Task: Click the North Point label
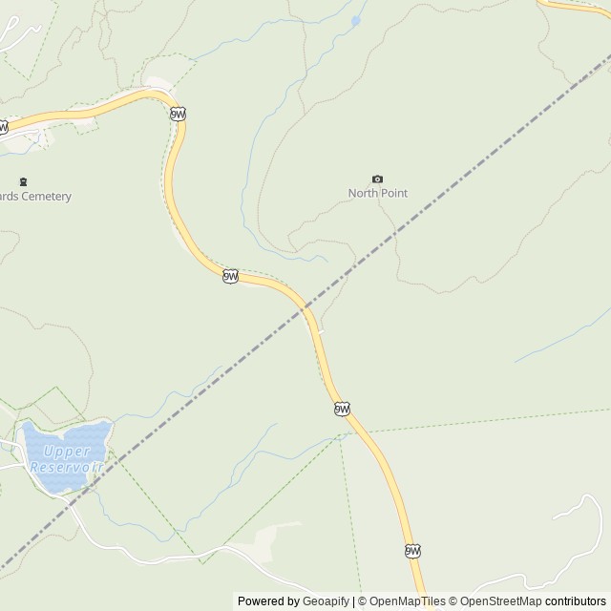click(x=377, y=193)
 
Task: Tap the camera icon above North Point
click(x=377, y=179)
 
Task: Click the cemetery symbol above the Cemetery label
click(x=23, y=181)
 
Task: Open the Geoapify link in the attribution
click(x=327, y=601)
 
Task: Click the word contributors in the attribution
click(x=575, y=601)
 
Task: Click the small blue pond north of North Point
click(x=355, y=19)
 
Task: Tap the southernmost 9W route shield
click(x=412, y=551)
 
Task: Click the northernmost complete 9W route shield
click(x=178, y=114)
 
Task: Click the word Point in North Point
click(x=394, y=193)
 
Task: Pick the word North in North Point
click(x=363, y=193)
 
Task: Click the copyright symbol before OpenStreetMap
click(x=453, y=601)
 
